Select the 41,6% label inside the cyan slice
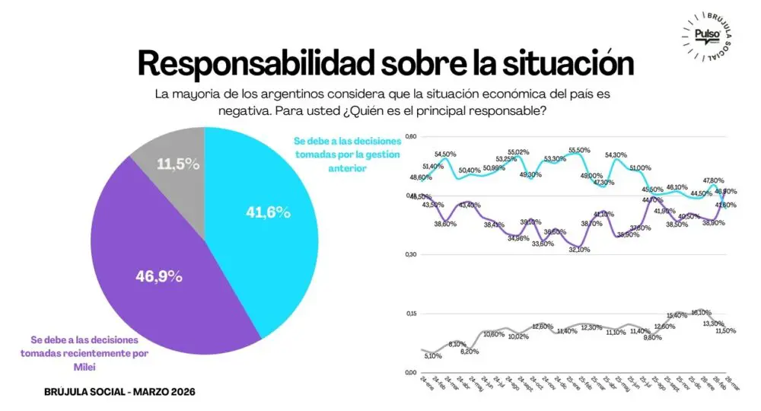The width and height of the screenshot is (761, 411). (269, 213)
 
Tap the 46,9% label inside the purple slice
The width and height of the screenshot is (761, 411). (159, 276)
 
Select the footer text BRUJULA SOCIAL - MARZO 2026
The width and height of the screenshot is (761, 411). (120, 391)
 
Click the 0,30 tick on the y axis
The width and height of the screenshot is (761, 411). (412, 254)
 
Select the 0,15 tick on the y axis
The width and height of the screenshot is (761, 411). (412, 313)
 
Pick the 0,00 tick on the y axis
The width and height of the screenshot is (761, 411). (412, 372)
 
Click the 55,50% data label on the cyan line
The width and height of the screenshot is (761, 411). (579, 151)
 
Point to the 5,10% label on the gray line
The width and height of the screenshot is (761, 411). (434, 355)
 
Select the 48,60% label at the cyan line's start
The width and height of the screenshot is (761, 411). (421, 177)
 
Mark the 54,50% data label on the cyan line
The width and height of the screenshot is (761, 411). (445, 155)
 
